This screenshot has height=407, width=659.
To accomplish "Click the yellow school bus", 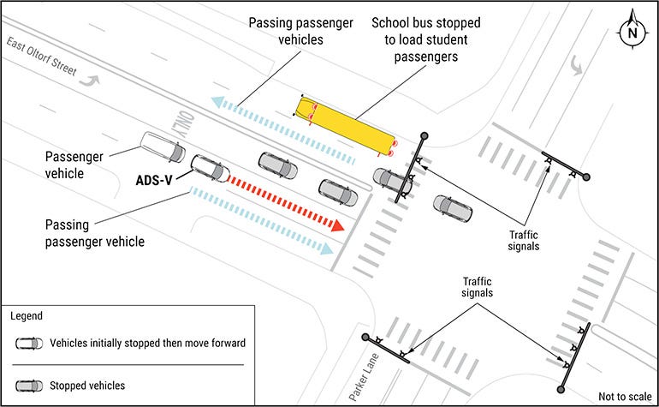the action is point(346,123).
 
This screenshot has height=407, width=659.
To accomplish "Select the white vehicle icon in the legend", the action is point(28,343).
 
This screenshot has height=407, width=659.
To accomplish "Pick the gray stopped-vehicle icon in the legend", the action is point(28,385).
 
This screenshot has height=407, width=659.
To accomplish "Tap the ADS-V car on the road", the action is point(210,168).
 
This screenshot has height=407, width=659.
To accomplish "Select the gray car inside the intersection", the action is point(452,208).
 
